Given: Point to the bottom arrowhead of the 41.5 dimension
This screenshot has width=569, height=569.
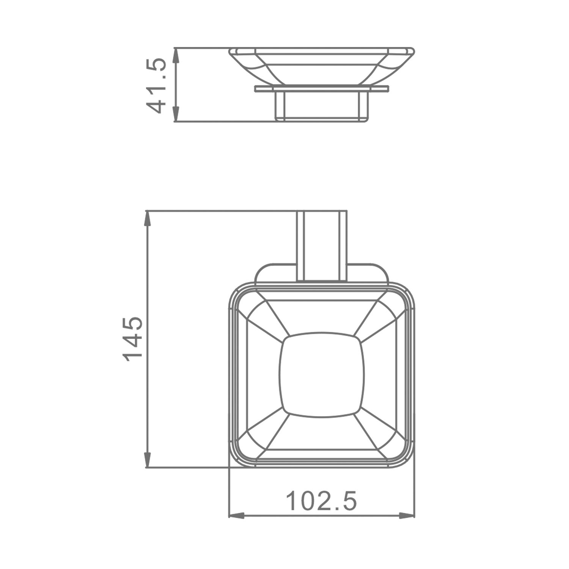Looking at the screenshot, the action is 175,114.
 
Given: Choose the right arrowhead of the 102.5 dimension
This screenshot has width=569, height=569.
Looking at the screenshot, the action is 406,516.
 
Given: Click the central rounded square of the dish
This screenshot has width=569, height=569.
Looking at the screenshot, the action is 321,374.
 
